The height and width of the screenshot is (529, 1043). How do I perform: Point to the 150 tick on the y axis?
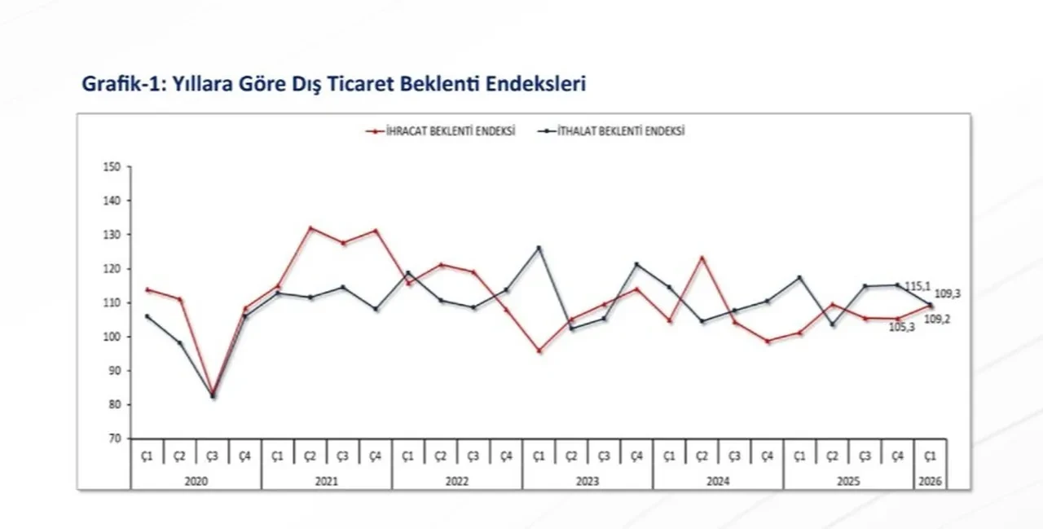[x=112, y=167]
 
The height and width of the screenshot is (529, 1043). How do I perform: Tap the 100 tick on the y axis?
[x=112, y=337]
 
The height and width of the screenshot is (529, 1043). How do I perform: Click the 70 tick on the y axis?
[x=113, y=439]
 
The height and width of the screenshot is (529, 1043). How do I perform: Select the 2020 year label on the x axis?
[x=196, y=482]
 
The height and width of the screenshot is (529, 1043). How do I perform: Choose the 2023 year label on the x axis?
[x=588, y=482]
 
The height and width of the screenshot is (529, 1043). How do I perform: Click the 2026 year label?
[x=930, y=482]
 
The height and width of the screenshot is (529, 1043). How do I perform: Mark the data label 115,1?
[x=918, y=286]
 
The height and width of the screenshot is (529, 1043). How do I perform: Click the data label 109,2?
[x=936, y=319]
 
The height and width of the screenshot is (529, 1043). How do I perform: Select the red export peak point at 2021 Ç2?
[x=310, y=228]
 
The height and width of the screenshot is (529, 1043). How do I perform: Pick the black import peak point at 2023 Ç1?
[x=539, y=248]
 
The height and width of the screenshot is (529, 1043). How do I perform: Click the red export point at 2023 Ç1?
[x=539, y=350]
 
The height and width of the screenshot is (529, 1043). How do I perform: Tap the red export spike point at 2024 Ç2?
[x=702, y=258]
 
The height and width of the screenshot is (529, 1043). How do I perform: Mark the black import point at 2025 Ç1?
[x=799, y=277]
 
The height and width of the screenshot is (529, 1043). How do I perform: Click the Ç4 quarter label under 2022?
[x=506, y=456]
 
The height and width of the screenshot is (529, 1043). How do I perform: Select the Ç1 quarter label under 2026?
[x=930, y=456]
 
